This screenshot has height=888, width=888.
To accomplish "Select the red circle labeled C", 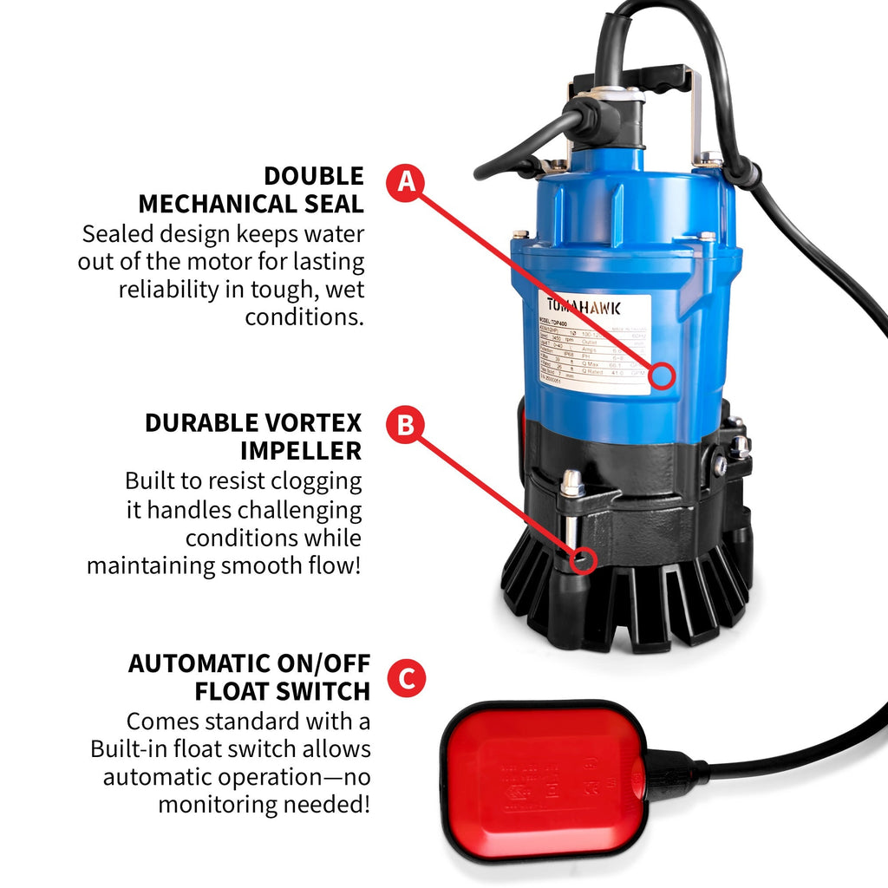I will click(406, 677).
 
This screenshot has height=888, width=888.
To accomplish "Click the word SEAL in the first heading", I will click(334, 205).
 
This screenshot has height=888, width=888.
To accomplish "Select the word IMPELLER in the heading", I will click(301, 451).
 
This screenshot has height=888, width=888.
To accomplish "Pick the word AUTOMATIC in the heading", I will click(198, 663).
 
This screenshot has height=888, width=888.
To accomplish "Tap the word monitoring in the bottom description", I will click(217, 804).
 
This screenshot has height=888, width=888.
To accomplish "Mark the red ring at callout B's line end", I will click(582, 560).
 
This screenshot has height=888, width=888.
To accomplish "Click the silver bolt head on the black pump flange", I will click(571, 482).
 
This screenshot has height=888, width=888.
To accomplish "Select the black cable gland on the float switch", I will click(668, 773).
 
